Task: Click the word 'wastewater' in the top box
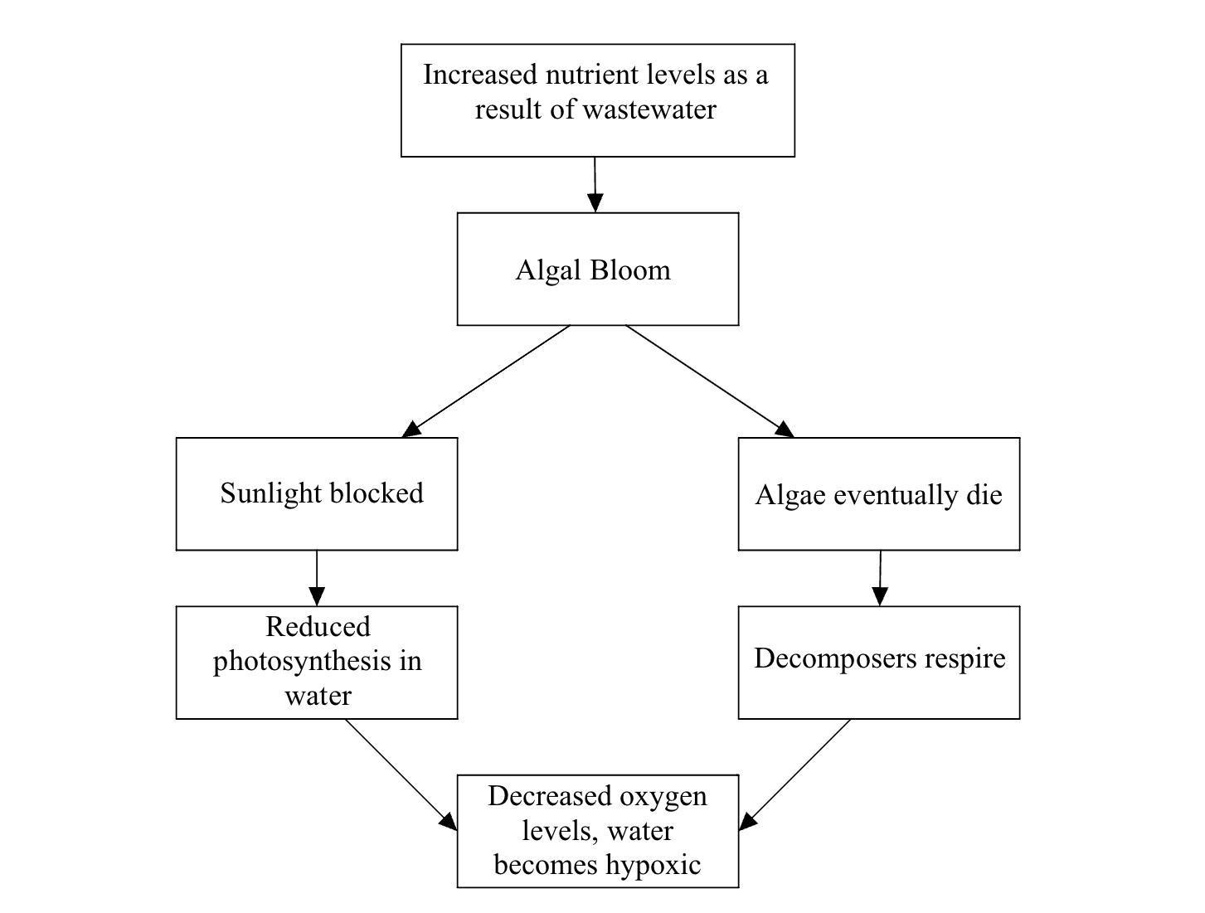point(649,109)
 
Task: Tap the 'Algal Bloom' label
point(593,270)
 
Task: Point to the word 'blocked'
point(377,493)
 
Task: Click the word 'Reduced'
point(318,626)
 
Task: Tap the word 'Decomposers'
point(835,659)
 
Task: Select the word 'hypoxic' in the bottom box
point(654,865)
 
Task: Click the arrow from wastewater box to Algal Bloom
point(595,184)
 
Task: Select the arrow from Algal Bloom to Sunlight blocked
point(486,381)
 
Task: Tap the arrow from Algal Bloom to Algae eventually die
point(710,381)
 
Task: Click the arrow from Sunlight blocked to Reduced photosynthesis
point(317,578)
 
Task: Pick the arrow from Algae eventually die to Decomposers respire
point(880,578)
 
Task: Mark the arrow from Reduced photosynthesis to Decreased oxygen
point(401,775)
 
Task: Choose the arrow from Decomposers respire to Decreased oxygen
point(794,775)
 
